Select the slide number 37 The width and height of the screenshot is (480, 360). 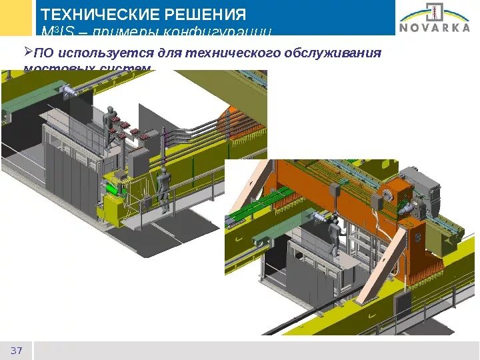coord(17,351)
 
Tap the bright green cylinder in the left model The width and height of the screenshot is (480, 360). coord(113,190)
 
